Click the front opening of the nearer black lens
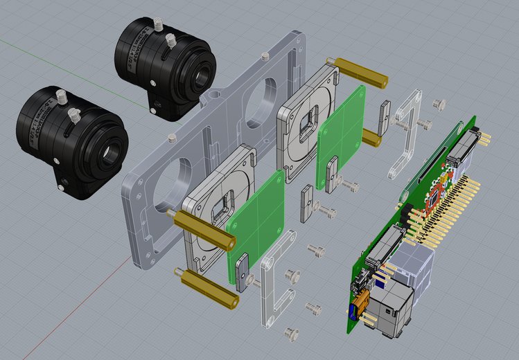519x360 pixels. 109,153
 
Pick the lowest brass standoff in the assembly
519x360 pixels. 208,291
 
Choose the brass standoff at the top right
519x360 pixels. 353,70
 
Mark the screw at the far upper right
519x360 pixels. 438,103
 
